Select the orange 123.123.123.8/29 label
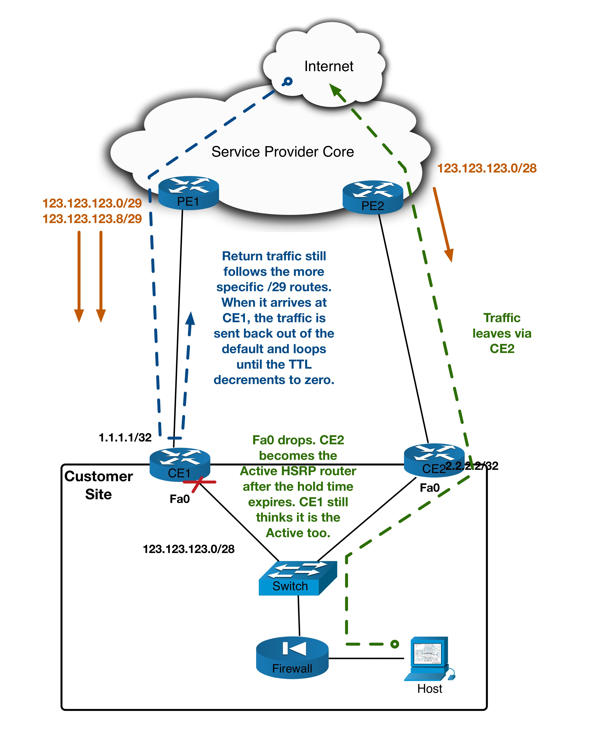click(x=92, y=219)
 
